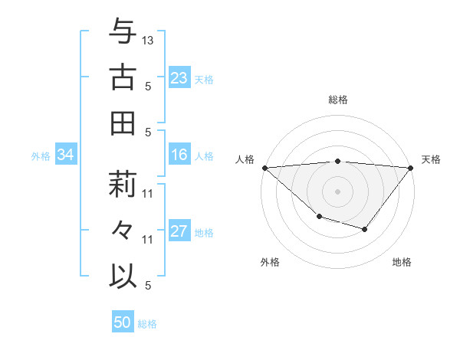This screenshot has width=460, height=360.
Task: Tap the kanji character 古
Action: [x=123, y=77]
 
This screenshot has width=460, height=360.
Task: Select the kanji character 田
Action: [x=123, y=123]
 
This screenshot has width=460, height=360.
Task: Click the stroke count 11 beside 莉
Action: [x=148, y=194]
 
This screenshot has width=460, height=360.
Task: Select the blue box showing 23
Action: [x=179, y=78]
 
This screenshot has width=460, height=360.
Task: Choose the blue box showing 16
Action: [x=179, y=155]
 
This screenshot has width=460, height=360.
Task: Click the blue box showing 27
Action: [x=179, y=232]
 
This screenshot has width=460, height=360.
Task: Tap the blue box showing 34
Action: [x=65, y=155]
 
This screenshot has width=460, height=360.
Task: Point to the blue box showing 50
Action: [x=123, y=322]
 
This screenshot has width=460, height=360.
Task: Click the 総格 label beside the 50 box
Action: [x=147, y=324]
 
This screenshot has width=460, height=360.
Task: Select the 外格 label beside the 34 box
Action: [x=41, y=156]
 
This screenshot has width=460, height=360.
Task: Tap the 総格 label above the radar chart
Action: [x=337, y=100]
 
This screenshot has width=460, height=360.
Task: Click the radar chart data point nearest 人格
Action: [x=264, y=167]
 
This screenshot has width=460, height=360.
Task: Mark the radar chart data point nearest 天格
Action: [x=410, y=167]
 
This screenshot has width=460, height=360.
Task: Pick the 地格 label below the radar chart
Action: [x=402, y=263]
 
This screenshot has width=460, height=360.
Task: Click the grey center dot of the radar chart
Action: [x=337, y=191]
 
